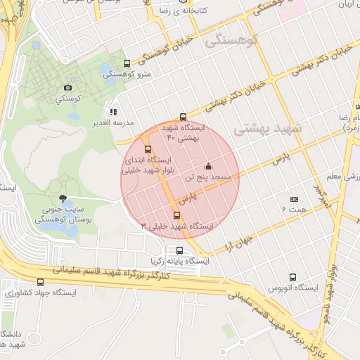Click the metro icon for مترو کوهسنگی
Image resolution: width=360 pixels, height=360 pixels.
pyautogui.click(x=127, y=63)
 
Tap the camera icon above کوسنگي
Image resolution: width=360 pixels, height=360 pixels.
pyautogui.click(x=67, y=88)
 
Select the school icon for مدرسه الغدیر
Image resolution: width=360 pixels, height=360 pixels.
pyautogui.click(x=112, y=111)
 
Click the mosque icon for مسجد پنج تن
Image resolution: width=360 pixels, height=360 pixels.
pyautogui.click(x=208, y=167)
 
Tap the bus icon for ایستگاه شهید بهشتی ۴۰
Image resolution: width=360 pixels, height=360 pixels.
pyautogui.click(x=183, y=117)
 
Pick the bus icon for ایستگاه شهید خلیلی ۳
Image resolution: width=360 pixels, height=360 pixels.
pyautogui.click(x=176, y=215)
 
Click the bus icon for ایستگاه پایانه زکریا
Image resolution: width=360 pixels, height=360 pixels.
pyautogui.click(x=180, y=250)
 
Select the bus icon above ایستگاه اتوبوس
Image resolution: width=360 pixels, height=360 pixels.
pyautogui.click(x=293, y=277)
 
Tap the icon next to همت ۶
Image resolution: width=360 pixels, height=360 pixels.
pyautogui.click(x=294, y=200)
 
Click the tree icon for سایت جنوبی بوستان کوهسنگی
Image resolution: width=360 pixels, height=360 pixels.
pyautogui.click(x=63, y=198)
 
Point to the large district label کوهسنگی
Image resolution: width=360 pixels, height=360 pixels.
pyautogui.click(x=232, y=42)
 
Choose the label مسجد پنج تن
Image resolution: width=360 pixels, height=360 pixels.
pyautogui.click(x=207, y=179)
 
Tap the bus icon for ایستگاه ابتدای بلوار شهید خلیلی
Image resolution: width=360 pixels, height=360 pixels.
pyautogui.click(x=147, y=148)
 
